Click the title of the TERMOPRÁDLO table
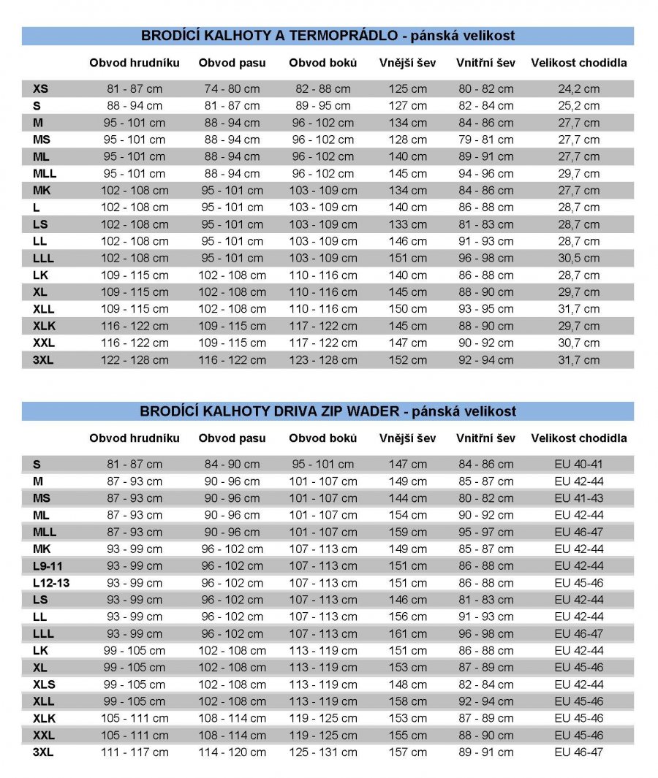pyautogui.click(x=328, y=35)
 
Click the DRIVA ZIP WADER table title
pyautogui.click(x=328, y=411)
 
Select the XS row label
pyautogui.click(x=40, y=89)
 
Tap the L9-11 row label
pyautogui.click(x=48, y=566)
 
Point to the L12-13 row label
pyautogui.click(x=50, y=583)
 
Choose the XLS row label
pyautogui.click(x=44, y=684)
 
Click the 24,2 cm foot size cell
pyautogui.click(x=578, y=89)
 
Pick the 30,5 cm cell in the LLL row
pyautogui.click(x=578, y=258)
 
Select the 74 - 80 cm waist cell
pyautogui.click(x=232, y=89)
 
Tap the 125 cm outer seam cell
pyautogui.click(x=407, y=89)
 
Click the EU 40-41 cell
pyautogui.click(x=578, y=465)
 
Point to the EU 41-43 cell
pyautogui.click(x=578, y=498)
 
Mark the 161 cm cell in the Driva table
pyautogui.click(x=407, y=633)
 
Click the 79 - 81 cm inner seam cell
pyautogui.click(x=485, y=140)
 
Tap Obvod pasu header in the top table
pyautogui.click(x=232, y=63)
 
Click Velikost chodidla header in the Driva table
pyautogui.click(x=578, y=438)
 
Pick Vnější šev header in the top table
pyautogui.click(x=407, y=63)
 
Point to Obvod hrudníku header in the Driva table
pyautogui.click(x=134, y=438)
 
